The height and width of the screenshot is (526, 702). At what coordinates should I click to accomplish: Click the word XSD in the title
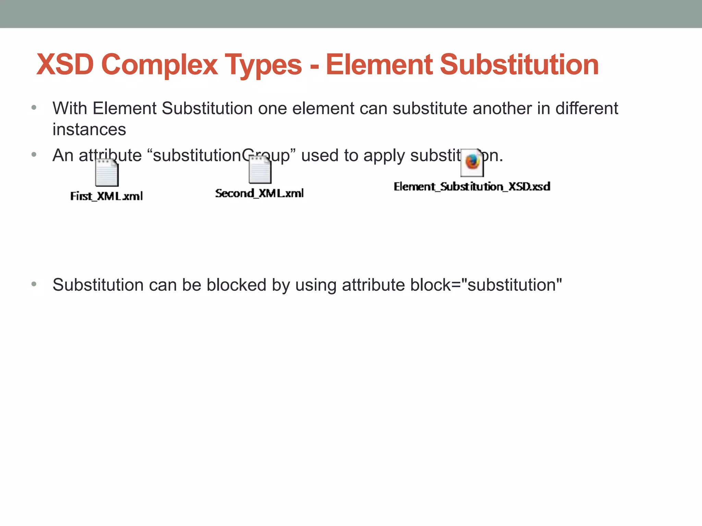(65, 64)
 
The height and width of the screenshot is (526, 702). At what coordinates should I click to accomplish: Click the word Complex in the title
(159, 64)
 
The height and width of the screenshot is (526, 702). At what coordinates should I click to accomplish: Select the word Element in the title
(379, 64)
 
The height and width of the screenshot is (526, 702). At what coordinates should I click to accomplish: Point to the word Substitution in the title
(519, 64)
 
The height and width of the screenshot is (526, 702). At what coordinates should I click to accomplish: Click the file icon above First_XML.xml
(107, 173)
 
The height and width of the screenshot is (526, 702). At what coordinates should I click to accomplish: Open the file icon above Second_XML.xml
(260, 170)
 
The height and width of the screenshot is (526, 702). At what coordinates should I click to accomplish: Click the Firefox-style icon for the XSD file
(472, 163)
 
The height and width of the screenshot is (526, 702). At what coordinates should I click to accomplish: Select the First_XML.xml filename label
(107, 196)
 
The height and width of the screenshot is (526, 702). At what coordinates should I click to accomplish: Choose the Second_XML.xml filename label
(259, 193)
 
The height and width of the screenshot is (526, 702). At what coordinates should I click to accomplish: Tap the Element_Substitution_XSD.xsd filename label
(472, 187)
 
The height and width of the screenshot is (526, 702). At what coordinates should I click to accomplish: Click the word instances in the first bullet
(89, 129)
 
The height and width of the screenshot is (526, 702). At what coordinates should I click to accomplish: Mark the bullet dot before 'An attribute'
(34, 155)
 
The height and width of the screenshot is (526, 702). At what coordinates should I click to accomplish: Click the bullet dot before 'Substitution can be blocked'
(34, 284)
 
